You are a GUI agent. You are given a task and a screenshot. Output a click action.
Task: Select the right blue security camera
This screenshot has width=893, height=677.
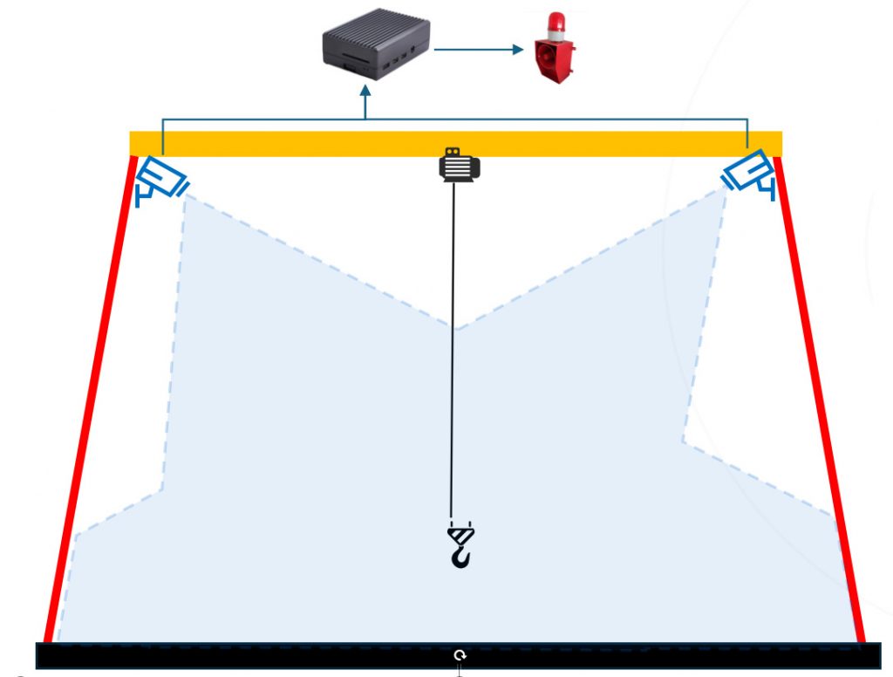coord(747,172)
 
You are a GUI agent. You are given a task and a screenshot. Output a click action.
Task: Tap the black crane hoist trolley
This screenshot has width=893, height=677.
coord(459,165)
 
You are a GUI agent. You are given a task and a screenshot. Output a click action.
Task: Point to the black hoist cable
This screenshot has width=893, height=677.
coord(453,349)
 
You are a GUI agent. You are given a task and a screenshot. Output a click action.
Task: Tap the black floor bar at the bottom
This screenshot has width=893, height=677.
coord(262,655)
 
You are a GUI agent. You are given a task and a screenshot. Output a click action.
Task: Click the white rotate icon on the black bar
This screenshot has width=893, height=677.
coord(460,655)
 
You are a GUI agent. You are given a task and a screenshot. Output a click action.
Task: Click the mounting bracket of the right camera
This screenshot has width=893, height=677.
coord(768,187)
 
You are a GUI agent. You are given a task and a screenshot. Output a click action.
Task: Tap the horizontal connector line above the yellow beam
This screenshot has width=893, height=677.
coord(558,119)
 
